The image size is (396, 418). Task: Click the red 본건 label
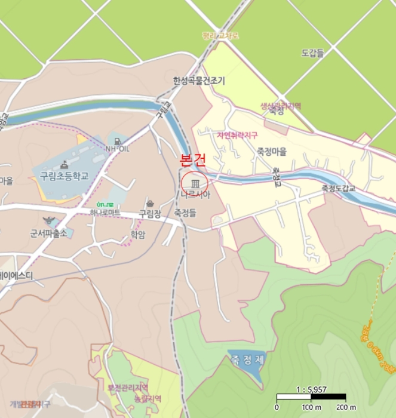click(x=193, y=161)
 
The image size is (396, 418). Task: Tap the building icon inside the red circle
click(x=194, y=183)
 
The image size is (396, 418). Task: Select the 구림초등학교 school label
click(x=64, y=176)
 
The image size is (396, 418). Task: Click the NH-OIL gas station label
click(x=117, y=149)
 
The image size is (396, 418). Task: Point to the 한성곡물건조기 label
click(x=199, y=81)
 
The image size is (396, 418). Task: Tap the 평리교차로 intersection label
click(x=220, y=36)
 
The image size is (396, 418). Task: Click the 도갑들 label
click(x=312, y=53)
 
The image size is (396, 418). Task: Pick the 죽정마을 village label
click(x=272, y=152)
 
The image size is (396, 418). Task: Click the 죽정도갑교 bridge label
click(x=338, y=188)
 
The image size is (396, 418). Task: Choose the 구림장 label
click(x=150, y=213)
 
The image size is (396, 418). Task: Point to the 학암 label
click(x=137, y=234)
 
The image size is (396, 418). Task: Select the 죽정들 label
click(x=185, y=213)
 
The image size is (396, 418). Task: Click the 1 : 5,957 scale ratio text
click(x=311, y=389)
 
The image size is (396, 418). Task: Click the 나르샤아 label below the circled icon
click(x=195, y=195)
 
